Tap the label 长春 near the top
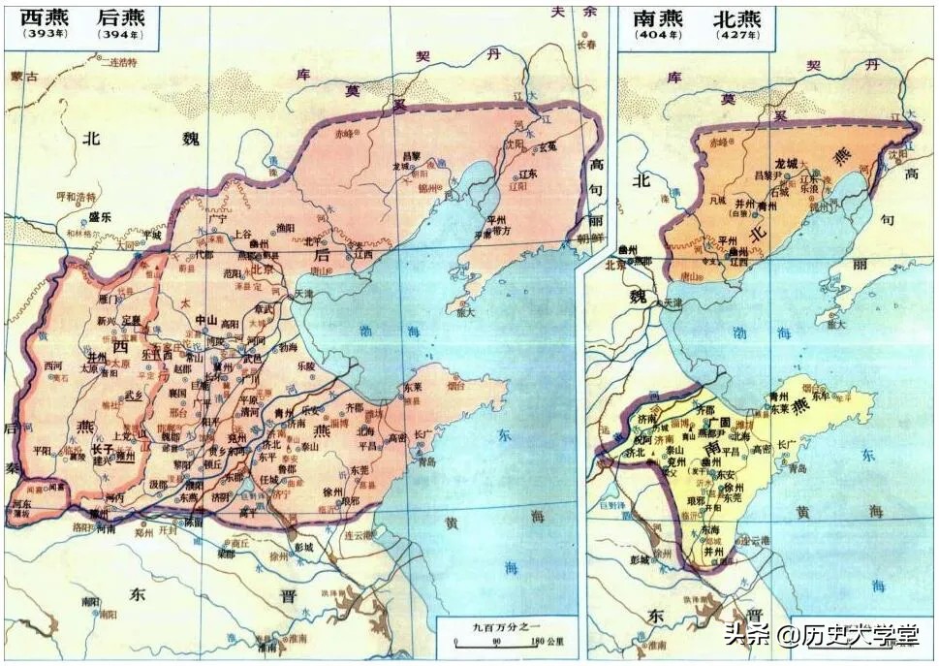586,45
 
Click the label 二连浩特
118,62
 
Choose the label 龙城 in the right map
785,166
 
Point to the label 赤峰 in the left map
345,133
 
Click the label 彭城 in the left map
304,547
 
